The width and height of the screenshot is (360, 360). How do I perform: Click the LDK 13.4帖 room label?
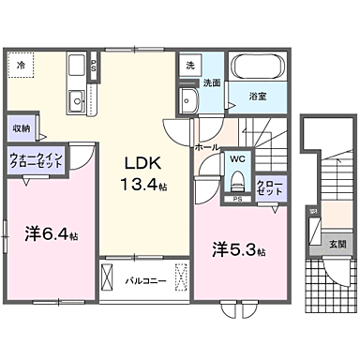click(138, 169)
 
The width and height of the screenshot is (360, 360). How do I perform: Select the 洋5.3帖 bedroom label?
click(238, 250)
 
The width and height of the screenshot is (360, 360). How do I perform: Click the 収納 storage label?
click(22, 127)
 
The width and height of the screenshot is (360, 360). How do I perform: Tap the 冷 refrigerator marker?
click(22, 65)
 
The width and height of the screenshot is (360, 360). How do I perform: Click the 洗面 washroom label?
click(214, 82)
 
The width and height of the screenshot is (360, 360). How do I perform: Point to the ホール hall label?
click(207, 147)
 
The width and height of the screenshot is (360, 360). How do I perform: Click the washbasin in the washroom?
click(187, 101)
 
